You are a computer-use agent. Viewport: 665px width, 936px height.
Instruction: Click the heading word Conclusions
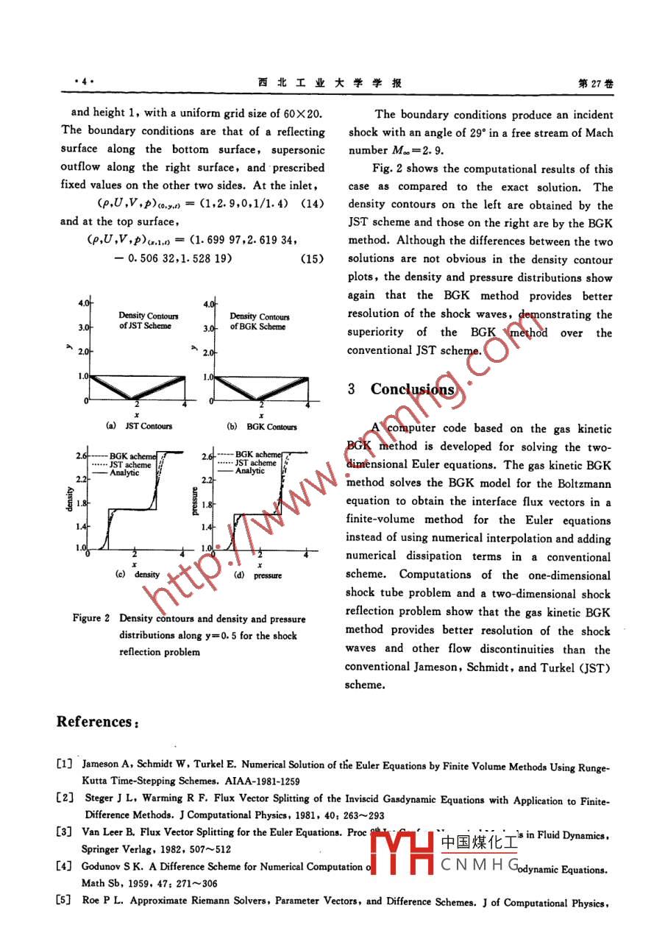[x=413, y=389]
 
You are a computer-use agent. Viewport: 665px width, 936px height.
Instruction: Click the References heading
[x=98, y=721]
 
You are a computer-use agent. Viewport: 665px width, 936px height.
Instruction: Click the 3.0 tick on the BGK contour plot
[x=208, y=328]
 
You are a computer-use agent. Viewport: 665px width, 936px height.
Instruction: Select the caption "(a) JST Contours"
[x=140, y=426]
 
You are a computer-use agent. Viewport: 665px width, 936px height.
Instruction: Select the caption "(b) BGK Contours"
[x=261, y=426]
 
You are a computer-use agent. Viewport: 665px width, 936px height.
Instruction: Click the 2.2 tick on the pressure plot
[x=207, y=480]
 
